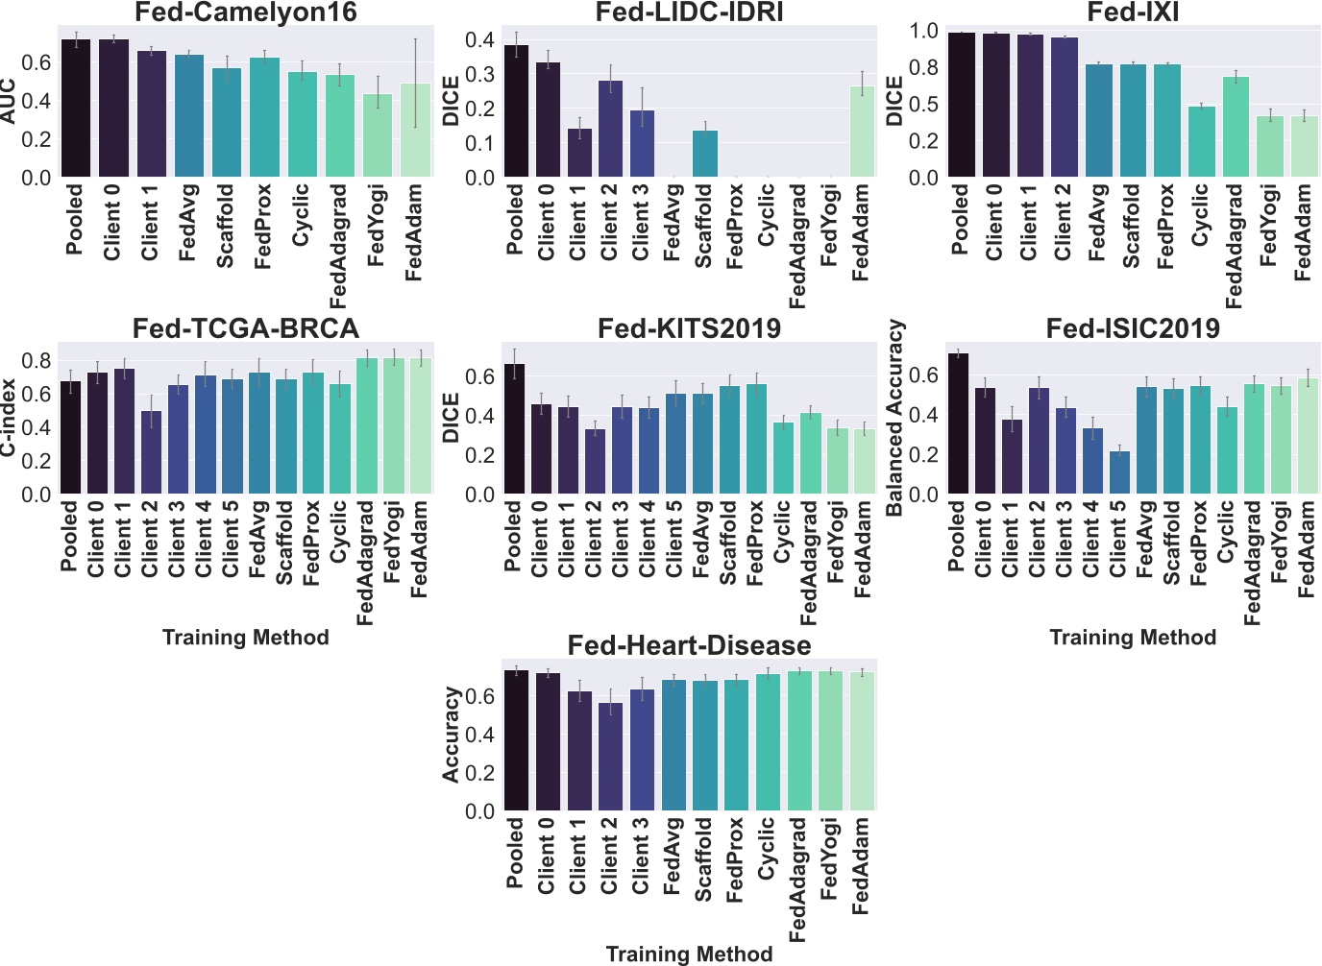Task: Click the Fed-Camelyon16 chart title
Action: click(x=246, y=12)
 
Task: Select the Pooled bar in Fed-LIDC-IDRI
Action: click(x=516, y=111)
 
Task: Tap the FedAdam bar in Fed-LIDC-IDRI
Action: click(x=862, y=133)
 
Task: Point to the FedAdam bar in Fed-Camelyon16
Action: click(x=415, y=131)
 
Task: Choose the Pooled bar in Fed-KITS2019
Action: click(x=514, y=429)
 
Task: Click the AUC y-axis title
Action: click(x=9, y=101)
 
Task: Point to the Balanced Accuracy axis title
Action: click(x=895, y=418)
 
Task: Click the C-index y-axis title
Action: click(x=9, y=418)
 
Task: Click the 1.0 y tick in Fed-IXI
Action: click(x=923, y=31)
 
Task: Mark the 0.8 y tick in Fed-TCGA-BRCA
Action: click(x=38, y=361)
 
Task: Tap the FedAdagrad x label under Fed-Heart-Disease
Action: click(x=798, y=880)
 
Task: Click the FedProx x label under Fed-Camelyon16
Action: click(x=264, y=227)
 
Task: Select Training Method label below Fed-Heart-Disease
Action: click(x=689, y=954)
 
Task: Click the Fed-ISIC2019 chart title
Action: click(x=1133, y=328)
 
